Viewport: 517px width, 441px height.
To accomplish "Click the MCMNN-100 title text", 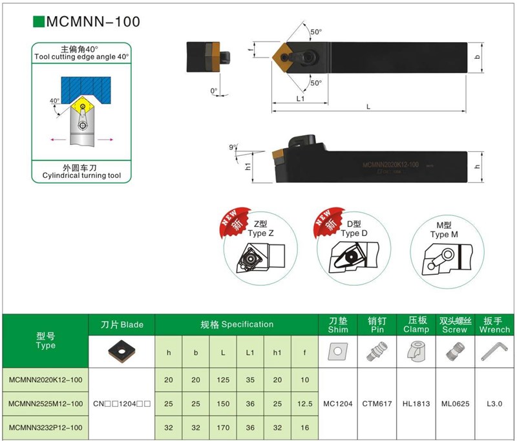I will [x=92, y=21].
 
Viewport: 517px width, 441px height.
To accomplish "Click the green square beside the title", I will [x=38, y=21].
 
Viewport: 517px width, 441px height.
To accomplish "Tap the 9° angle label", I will [x=233, y=147].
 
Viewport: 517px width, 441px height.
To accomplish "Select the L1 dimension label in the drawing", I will [x=301, y=98].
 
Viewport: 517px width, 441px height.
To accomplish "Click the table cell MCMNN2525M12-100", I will [x=46, y=403].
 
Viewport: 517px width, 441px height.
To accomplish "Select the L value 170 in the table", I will [x=223, y=427].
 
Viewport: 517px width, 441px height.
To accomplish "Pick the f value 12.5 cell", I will [x=305, y=403].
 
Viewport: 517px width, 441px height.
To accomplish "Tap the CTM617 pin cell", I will [x=377, y=403].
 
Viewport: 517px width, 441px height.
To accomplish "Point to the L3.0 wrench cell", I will [x=495, y=403].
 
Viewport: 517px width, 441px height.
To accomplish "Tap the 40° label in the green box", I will [x=54, y=101].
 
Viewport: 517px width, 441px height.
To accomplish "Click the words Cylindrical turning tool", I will [x=81, y=176].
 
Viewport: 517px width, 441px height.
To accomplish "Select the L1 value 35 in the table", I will [x=250, y=380].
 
